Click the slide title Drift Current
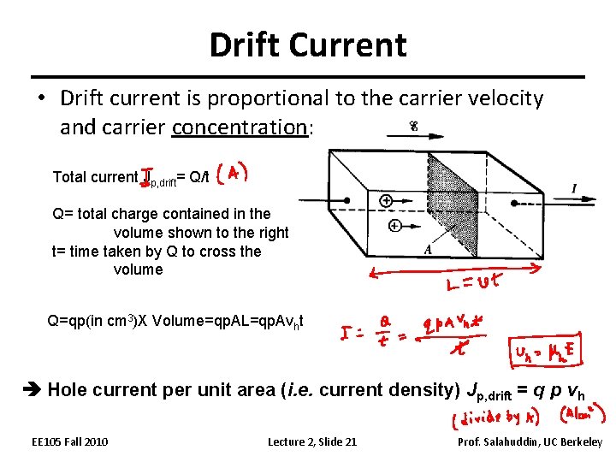pos(308,44)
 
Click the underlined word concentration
pos(240,127)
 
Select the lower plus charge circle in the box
pos(394,226)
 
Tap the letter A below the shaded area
pos(428,249)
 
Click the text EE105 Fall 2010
pos(69,441)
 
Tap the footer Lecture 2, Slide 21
pos(312,441)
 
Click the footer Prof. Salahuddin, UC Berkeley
pos(530,441)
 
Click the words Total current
pos(94,177)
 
